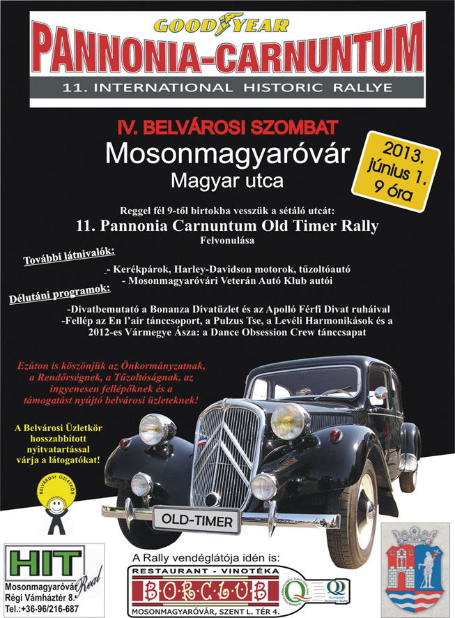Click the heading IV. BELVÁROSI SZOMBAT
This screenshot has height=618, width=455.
227,128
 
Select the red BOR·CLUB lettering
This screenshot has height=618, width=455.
207,592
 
